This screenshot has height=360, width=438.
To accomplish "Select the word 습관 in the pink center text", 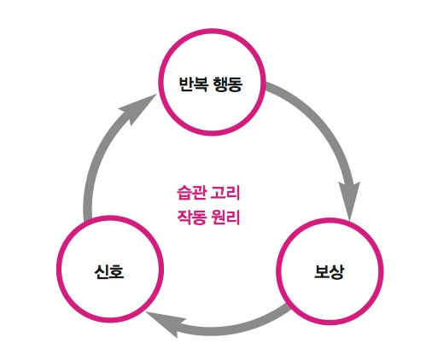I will [x=188, y=194].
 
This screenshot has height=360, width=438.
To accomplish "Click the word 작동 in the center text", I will [x=189, y=216].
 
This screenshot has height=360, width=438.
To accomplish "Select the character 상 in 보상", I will [x=336, y=272].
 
